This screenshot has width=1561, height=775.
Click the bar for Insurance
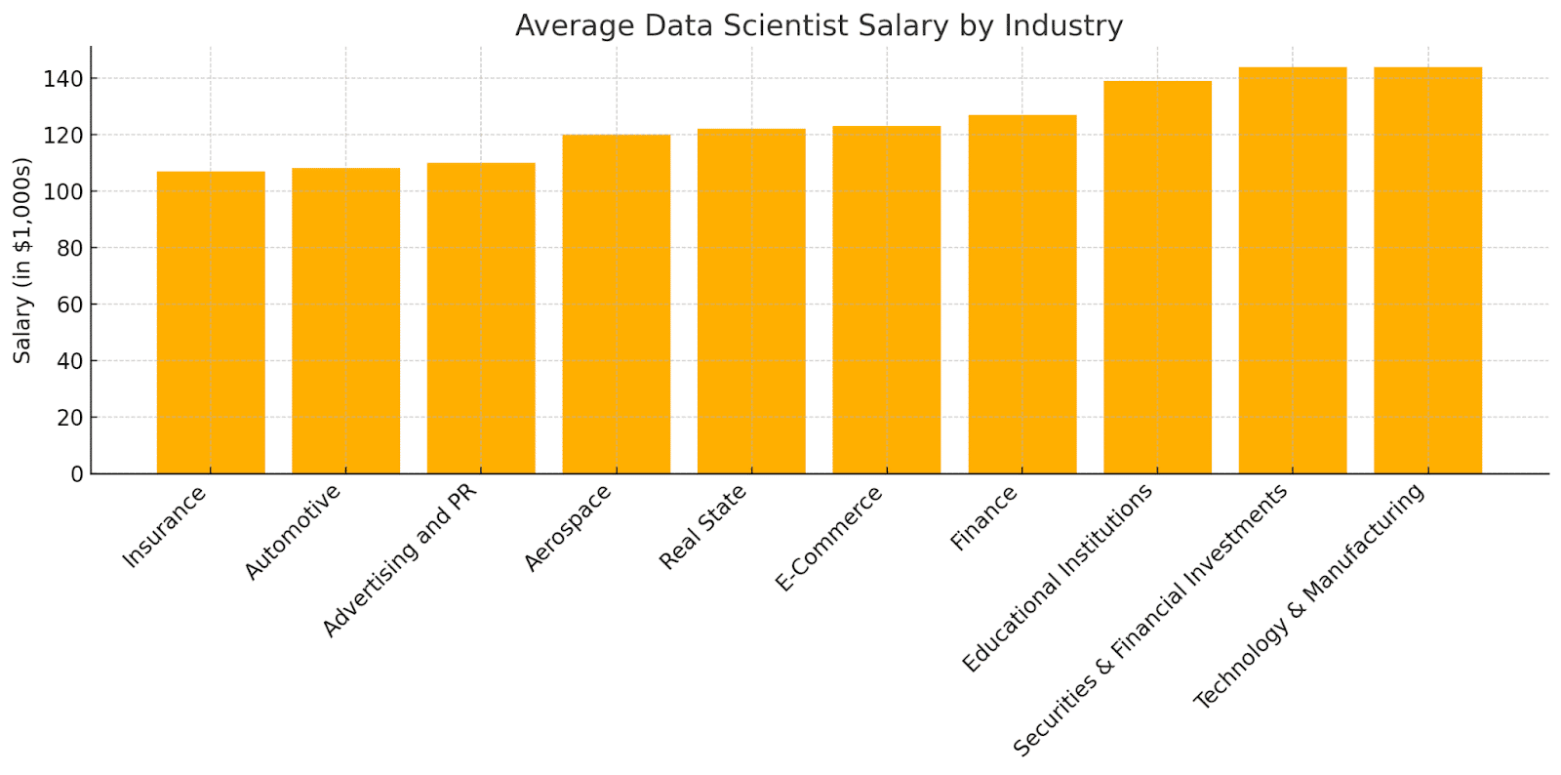click(211, 323)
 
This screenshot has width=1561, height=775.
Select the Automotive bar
click(345, 320)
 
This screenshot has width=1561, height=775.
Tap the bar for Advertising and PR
click(481, 318)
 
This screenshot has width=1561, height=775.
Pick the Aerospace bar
click(616, 305)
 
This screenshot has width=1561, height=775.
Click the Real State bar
click(751, 301)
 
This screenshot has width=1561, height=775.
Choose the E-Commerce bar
click(887, 300)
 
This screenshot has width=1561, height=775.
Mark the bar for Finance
click(1022, 294)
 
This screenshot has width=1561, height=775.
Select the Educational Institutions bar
click(1157, 277)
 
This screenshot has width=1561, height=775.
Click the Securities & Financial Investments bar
click(1293, 270)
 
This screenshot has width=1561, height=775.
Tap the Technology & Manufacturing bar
click(1428, 270)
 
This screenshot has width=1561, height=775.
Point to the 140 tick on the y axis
click(62, 79)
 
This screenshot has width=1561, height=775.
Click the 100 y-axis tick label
click(62, 191)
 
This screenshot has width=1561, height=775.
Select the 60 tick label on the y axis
click(69, 305)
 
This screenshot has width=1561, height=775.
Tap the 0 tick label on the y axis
click(77, 474)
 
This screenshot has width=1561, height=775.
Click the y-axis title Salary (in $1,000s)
click(22, 261)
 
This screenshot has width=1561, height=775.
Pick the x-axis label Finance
click(983, 518)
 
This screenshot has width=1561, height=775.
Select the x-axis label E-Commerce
click(828, 538)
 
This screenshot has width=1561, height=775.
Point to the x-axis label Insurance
click(164, 526)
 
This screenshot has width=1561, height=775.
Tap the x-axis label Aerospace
click(567, 528)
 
